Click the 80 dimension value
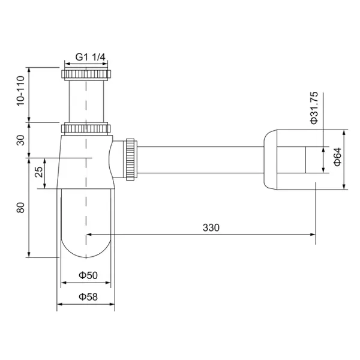coord(22,208)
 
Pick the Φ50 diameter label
coord(87,275)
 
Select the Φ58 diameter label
coord(87,296)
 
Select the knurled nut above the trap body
coord(87,128)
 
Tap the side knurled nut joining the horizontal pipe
coord(130,159)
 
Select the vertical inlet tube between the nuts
coord(87,102)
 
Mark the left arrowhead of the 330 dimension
coord(90,235)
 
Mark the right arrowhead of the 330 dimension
coord(313,235)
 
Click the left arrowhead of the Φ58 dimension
coord(60,304)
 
